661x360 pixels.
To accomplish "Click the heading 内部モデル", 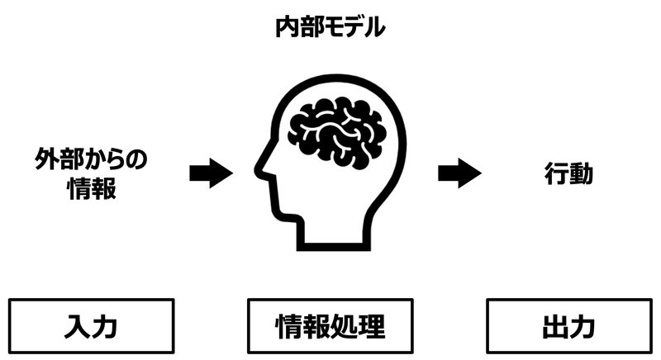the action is [x=330, y=27].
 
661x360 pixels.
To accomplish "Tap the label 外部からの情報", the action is [x=90, y=173].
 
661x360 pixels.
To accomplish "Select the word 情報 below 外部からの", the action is [x=90, y=189].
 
